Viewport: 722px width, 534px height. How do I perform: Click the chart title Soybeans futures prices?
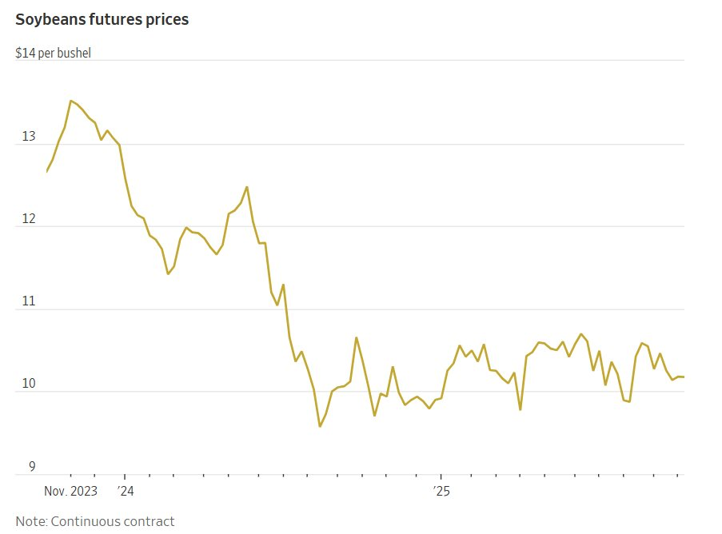point(102,19)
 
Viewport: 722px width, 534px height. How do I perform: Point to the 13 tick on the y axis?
point(29,137)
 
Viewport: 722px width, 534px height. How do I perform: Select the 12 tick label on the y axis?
point(29,220)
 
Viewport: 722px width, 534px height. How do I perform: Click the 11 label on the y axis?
point(29,302)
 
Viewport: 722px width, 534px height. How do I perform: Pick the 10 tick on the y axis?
point(29,385)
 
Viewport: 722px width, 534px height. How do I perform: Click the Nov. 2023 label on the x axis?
point(70,490)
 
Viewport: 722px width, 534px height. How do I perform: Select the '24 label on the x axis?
point(126,490)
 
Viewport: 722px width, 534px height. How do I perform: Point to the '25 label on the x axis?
point(441,490)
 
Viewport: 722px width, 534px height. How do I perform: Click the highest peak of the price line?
point(70,101)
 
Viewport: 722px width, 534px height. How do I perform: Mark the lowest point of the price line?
point(320,426)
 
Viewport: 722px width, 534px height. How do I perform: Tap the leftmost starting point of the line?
point(46,172)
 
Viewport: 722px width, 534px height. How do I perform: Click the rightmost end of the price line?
point(684,377)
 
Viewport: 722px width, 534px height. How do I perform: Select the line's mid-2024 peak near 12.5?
point(246,187)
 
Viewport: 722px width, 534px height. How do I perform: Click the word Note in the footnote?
point(30,521)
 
